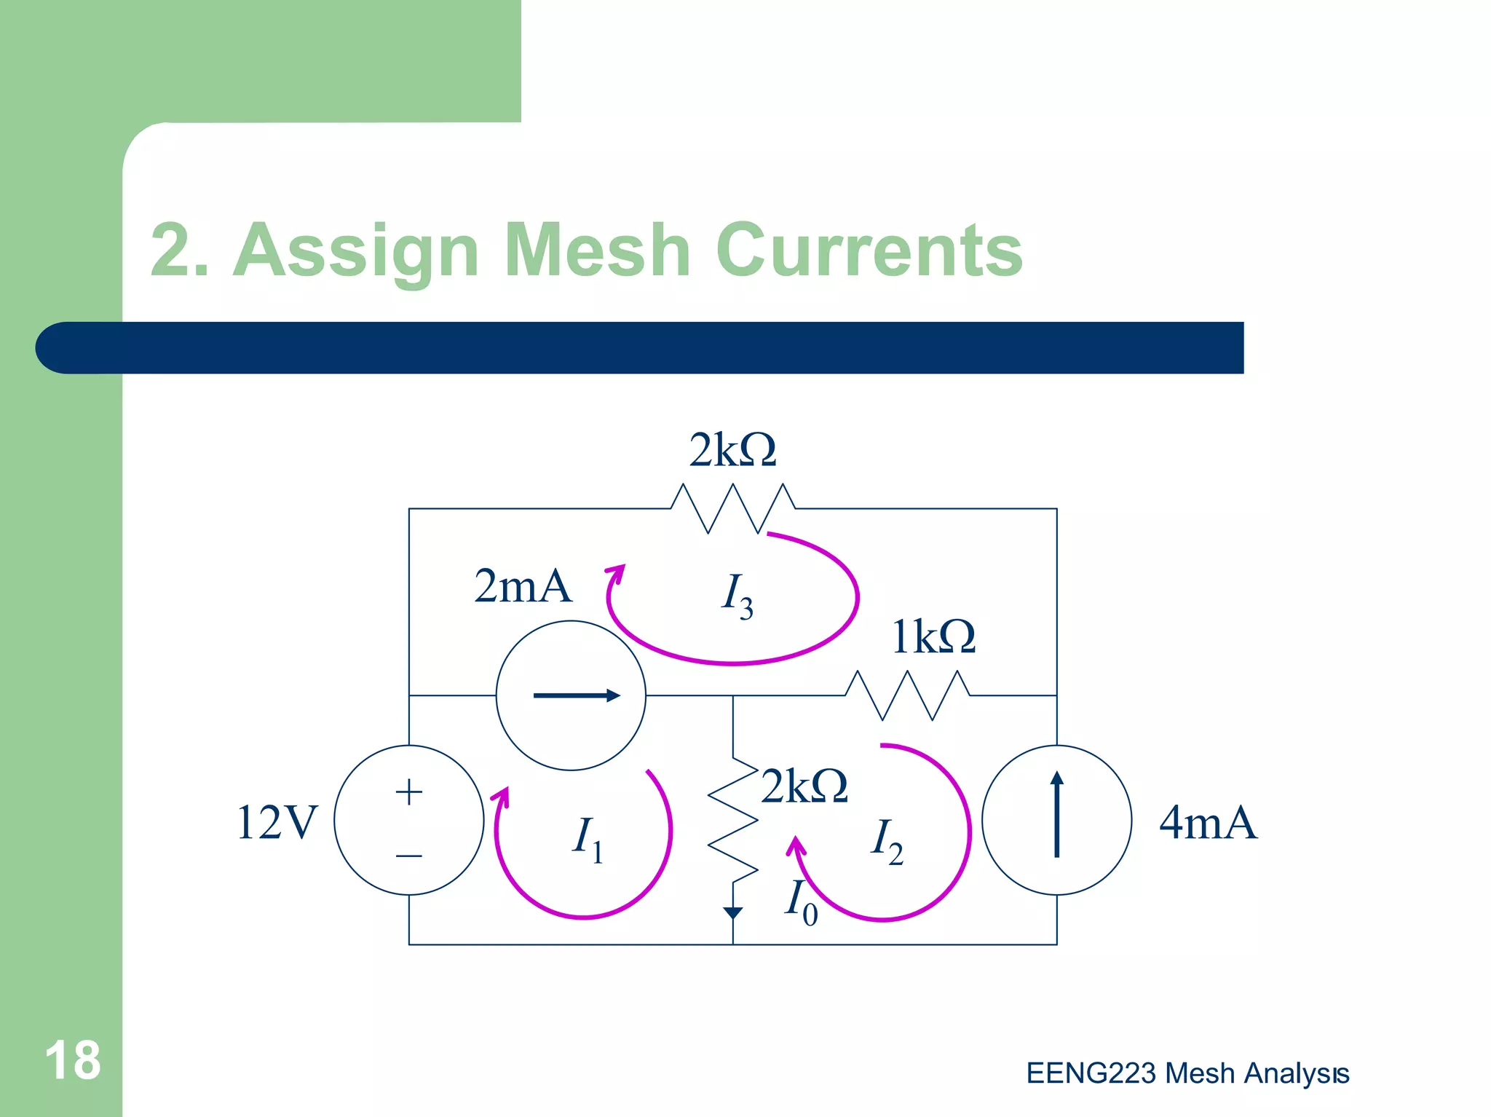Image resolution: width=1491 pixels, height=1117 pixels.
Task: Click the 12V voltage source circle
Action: [409, 820]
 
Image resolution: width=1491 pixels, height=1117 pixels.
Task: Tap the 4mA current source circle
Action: [1056, 820]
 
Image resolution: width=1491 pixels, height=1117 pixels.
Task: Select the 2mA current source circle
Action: [571, 695]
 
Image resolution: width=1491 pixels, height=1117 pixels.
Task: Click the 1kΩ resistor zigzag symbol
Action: [907, 695]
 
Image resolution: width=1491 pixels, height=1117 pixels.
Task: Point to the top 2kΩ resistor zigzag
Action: [732, 508]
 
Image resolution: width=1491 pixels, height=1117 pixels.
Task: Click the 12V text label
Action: [277, 823]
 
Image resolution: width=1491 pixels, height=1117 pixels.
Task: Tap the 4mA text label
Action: [1208, 823]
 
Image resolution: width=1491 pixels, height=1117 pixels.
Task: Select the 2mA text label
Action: [523, 586]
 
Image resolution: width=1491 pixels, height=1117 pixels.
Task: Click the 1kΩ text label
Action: [933, 636]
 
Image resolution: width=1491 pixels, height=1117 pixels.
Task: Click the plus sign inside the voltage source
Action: [409, 792]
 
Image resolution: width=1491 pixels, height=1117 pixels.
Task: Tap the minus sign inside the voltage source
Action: [409, 856]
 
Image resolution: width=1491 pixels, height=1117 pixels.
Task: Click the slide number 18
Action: [73, 1060]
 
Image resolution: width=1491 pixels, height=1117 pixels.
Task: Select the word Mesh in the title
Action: [597, 250]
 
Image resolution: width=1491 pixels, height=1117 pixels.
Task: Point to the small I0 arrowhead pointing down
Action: [733, 912]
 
